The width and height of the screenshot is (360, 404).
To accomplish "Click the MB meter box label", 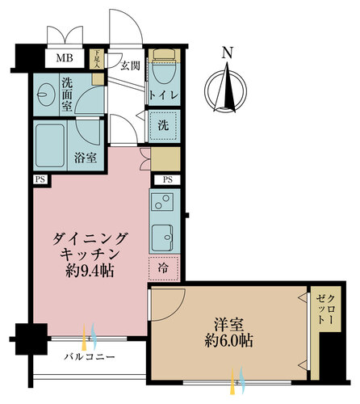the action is (65, 58).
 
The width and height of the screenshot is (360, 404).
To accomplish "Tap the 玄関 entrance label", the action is (130, 65).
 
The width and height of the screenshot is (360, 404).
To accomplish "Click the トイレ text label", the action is (164, 95).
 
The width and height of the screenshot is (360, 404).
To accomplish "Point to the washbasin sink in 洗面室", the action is (44, 95).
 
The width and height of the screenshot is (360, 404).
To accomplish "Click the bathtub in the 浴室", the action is (50, 145).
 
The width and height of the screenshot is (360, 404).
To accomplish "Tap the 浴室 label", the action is (86, 158).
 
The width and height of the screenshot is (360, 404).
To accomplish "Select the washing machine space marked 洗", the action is (164, 125).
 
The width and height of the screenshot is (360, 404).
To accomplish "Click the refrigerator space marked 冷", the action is (163, 268).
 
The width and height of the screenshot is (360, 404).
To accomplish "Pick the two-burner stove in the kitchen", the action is (162, 202).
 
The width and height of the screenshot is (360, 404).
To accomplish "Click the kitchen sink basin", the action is (162, 238).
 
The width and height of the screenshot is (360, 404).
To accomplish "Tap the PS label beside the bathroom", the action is (40, 179).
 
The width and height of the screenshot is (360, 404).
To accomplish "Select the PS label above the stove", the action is (167, 179).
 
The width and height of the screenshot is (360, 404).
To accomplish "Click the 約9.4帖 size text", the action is (90, 271).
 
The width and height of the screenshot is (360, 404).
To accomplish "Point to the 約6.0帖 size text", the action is (228, 341).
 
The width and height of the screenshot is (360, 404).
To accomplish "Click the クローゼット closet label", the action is (326, 309).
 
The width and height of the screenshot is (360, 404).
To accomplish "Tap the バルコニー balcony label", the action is (90, 357).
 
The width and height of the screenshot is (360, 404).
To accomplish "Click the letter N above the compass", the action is (228, 53).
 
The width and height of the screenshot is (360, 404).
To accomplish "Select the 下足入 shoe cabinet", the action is (97, 59).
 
